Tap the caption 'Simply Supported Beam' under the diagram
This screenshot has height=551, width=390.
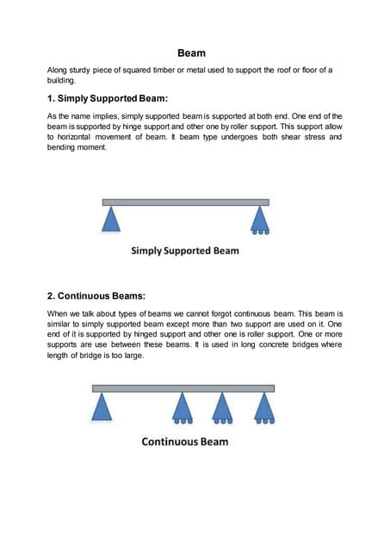point(185,251)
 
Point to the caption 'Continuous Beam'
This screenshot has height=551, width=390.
point(185,442)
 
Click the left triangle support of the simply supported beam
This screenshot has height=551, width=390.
point(111,220)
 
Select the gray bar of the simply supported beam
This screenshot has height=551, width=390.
point(185,202)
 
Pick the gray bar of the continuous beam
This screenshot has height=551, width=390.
point(183,389)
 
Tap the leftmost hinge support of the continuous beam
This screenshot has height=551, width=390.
point(102,406)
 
